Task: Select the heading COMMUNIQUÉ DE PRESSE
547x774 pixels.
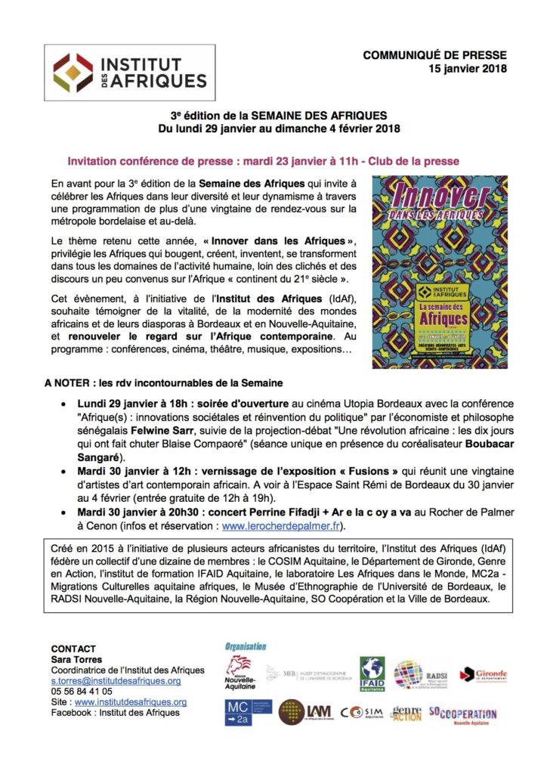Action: pos(434,55)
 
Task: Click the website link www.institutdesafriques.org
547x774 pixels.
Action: pos(130,701)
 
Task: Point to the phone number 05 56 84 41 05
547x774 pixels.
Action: pos(82,691)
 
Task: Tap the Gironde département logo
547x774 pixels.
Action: pos(484,674)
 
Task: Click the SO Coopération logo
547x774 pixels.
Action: pos(462,714)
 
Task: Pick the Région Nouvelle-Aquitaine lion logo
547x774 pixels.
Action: pos(240,673)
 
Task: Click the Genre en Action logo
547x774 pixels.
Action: pos(406,713)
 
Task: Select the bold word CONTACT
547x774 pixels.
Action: pos(73,649)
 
